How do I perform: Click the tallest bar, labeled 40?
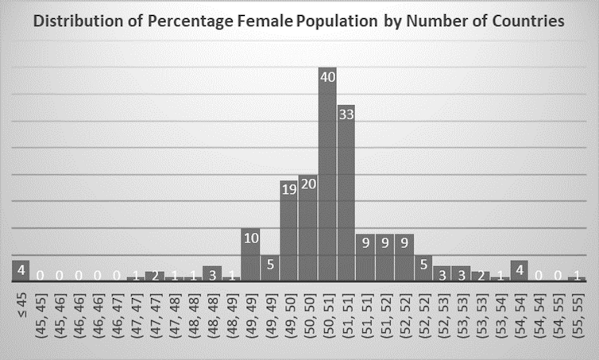pyautogui.click(x=327, y=175)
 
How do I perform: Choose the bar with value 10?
pyautogui.click(x=250, y=254)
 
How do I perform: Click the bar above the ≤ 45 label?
pyautogui.click(x=21, y=270)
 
